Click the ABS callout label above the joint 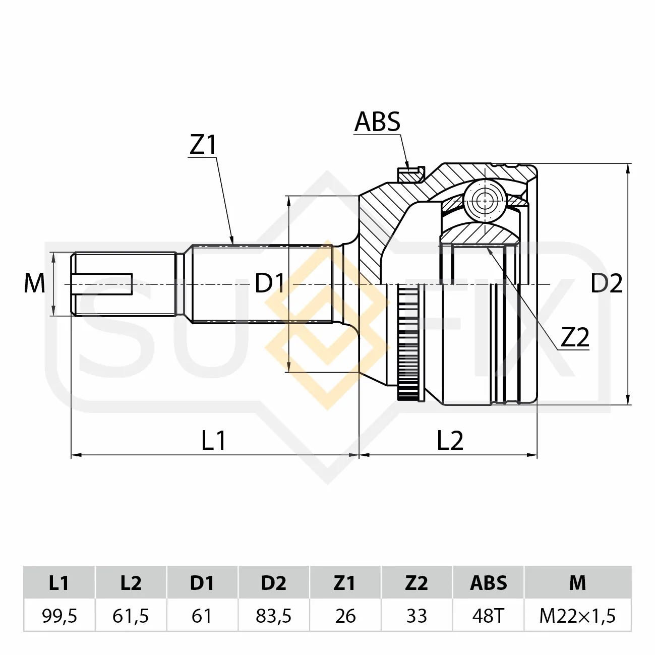pos(377,122)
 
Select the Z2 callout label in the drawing pos(575,337)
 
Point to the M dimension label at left pos(34,283)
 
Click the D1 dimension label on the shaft pos(270,283)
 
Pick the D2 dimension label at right pos(607,283)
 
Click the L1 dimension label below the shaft pos(213,440)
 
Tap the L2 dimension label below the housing pos(450,440)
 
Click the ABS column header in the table pos(489,582)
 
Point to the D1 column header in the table pos(202,582)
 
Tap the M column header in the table pos(577,582)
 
